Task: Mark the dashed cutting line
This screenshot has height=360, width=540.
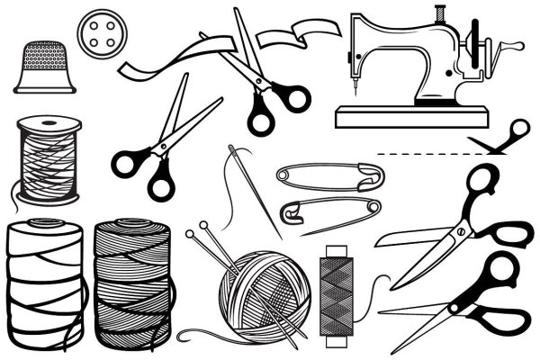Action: (423, 155)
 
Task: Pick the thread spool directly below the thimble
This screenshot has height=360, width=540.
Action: (46, 162)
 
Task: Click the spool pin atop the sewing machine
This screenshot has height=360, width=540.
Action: (440, 14)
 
